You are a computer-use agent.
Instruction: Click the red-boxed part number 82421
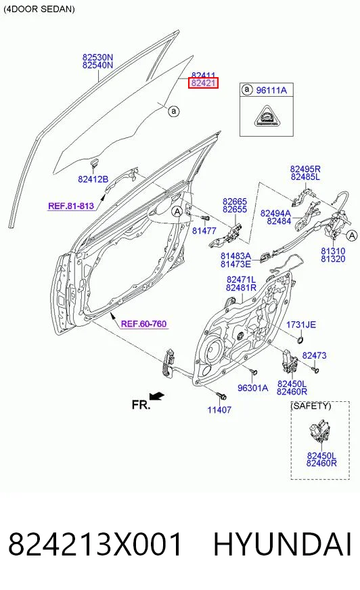203,83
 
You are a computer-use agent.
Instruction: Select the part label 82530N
98,58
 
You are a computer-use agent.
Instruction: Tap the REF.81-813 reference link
71,206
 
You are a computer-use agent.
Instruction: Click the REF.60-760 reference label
143,323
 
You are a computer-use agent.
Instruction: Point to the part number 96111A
271,90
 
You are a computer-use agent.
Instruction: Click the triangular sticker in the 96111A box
267,116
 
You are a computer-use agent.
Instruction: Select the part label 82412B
93,179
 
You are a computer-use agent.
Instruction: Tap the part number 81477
204,231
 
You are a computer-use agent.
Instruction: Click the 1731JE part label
301,325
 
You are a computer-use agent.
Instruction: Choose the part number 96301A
253,388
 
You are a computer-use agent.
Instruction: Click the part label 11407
219,409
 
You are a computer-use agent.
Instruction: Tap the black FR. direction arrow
156,396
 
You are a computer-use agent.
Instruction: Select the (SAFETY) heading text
311,406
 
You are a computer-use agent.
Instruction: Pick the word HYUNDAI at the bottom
282,544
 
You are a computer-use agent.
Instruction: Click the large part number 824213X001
95,544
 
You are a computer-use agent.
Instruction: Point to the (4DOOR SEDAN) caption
39,9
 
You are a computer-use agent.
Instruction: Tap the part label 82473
315,355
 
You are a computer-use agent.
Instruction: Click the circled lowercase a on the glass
173,112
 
